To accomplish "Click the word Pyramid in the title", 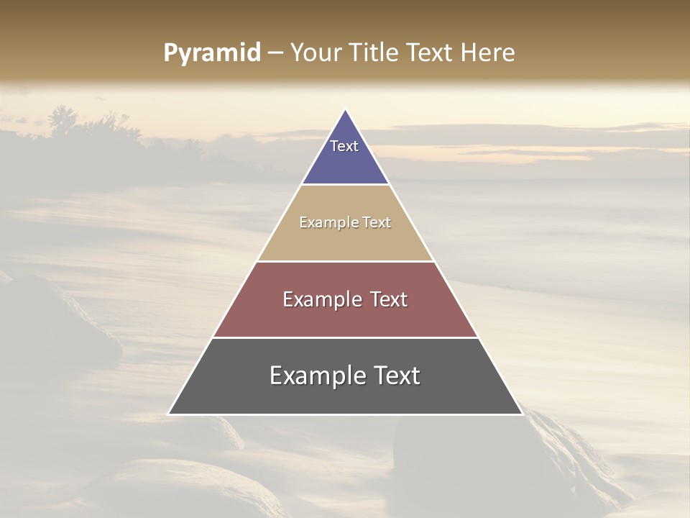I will click(212, 53).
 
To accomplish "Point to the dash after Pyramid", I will click(275, 53).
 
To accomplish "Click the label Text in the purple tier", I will click(344, 146).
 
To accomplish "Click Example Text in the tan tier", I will click(345, 222).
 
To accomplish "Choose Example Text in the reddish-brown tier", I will click(345, 299).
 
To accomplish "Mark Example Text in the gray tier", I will click(345, 376).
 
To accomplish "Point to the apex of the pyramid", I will click(346, 110).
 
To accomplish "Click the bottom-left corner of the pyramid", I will click(170, 414).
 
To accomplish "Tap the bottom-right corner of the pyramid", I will click(522, 414).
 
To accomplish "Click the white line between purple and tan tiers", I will click(346, 185).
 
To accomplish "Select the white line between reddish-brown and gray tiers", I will click(346, 337).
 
